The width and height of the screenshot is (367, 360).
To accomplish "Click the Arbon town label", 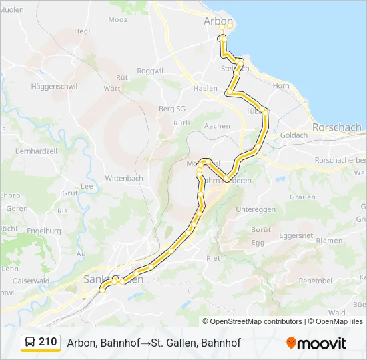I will pyautogui.click(x=218, y=21).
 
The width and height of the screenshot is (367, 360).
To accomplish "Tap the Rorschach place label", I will pyautogui.click(x=336, y=127).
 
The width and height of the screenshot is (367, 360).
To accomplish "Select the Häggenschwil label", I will pyautogui.click(x=55, y=87).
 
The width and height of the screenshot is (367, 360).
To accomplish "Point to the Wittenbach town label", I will pyautogui.click(x=124, y=179).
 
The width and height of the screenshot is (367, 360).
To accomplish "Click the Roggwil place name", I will pyautogui.click(x=149, y=71).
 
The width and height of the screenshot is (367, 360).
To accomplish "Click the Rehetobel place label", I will pyautogui.click(x=316, y=281).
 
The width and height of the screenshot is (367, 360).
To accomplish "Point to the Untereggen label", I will pyautogui.click(x=256, y=209).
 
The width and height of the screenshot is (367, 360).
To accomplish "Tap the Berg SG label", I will pyautogui.click(x=171, y=109).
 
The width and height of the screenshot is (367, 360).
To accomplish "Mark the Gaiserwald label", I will pyautogui.click(x=31, y=281).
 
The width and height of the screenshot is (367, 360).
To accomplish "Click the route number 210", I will pyautogui.click(x=47, y=342).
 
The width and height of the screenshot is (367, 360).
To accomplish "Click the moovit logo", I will pyautogui.click(x=316, y=343).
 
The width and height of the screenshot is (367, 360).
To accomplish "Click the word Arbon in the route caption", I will pyautogui.click(x=81, y=343).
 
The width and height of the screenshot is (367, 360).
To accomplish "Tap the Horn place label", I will pyautogui.click(x=281, y=86).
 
